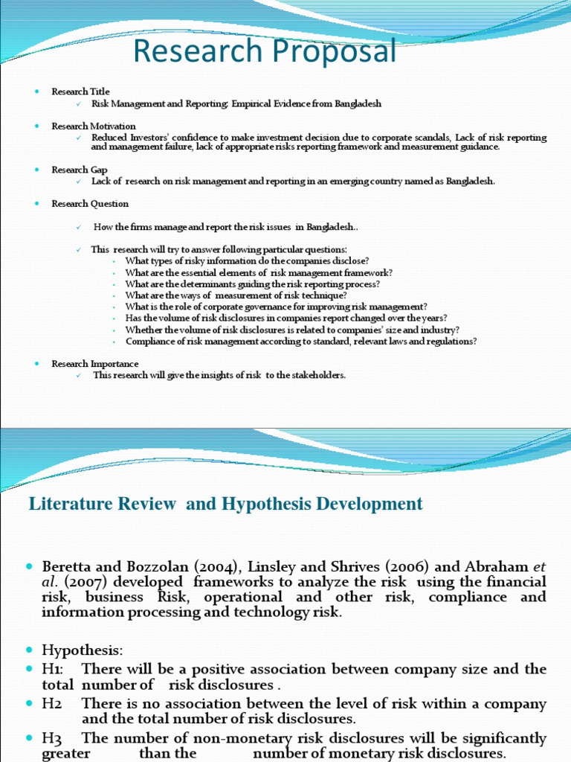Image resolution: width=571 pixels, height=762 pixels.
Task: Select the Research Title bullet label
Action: [80, 92]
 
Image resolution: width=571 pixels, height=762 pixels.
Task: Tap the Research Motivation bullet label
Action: [93, 127]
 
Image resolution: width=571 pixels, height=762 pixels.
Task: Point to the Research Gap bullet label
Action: [79, 170]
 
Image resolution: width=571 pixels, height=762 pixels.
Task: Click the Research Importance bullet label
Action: [94, 364]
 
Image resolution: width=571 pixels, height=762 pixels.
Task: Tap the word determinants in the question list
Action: [205, 284]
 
